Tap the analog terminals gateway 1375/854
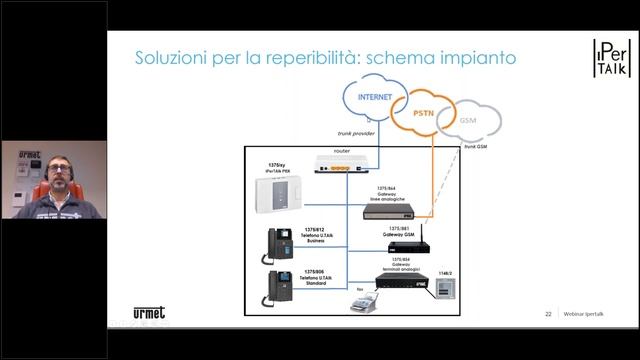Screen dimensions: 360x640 point(402,280)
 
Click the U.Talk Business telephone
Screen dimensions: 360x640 point(277,243)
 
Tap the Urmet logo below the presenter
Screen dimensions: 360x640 point(150,312)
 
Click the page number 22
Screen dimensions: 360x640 point(548,314)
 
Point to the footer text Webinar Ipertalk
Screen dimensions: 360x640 point(584,314)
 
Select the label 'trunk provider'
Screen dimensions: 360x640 point(355,131)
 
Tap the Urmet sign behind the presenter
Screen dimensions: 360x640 point(29,155)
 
